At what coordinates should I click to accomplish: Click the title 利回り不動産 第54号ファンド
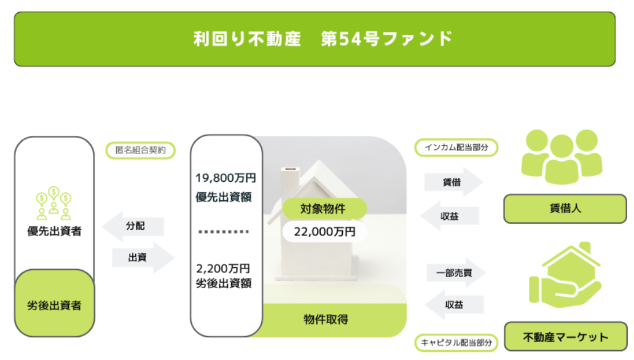pyautogui.click(x=323, y=39)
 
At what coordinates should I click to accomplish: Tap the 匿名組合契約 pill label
pyautogui.click(x=140, y=151)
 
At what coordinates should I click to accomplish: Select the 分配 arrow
pyautogui.click(x=133, y=226)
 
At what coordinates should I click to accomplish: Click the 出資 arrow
pyautogui.click(x=143, y=257)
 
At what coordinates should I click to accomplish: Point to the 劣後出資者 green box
pyautogui.click(x=55, y=303)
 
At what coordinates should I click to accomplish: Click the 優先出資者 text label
pyautogui.click(x=54, y=231)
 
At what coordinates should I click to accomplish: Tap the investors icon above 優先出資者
pyautogui.click(x=54, y=203)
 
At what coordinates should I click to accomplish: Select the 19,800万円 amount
pyautogui.click(x=225, y=178)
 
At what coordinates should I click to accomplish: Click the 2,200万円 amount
pyautogui.click(x=223, y=268)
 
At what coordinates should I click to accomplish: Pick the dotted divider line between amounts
pyautogui.click(x=224, y=232)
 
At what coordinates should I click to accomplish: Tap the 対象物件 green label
pyautogui.click(x=324, y=209)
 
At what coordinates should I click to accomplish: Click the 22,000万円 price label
pyautogui.click(x=325, y=232)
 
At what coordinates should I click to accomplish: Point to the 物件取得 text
pyautogui.click(x=326, y=319)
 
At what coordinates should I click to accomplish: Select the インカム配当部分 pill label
pyautogui.click(x=456, y=147)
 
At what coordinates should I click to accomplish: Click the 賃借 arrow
pyautogui.click(x=453, y=182)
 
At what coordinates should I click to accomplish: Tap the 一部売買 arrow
pyautogui.click(x=456, y=273)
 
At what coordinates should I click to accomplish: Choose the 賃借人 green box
pyautogui.click(x=565, y=209)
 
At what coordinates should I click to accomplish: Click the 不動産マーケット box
pyautogui.click(x=566, y=337)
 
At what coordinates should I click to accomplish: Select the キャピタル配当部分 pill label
pyautogui.click(x=456, y=343)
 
